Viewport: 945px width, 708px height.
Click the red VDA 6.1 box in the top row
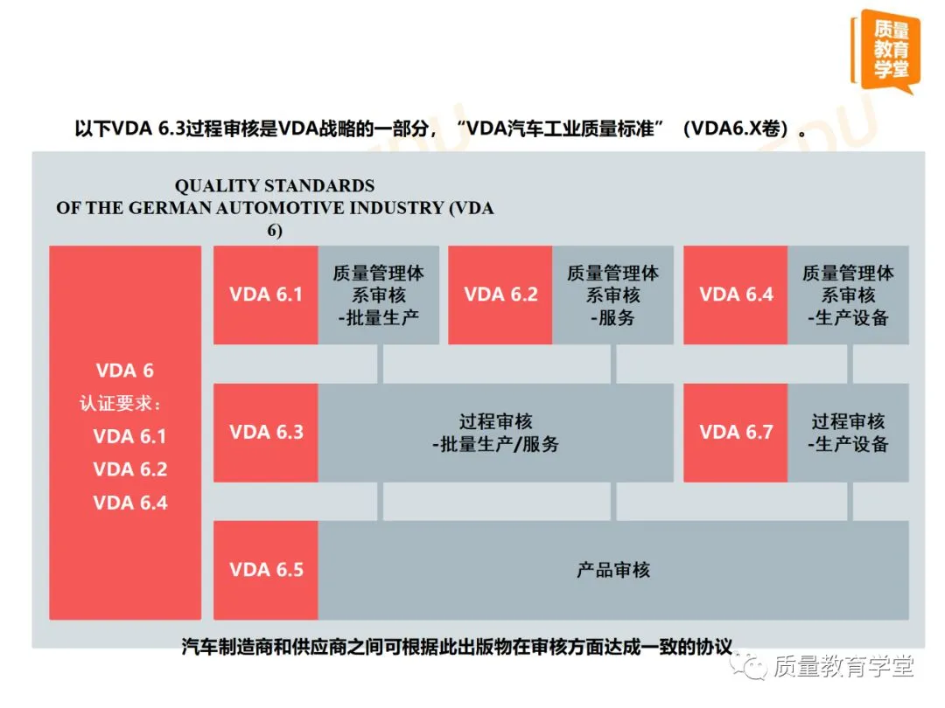tap(266, 295)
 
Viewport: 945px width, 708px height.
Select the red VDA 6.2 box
tap(500, 295)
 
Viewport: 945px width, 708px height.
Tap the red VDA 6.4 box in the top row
tap(736, 295)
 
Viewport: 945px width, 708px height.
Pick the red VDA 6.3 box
tap(266, 432)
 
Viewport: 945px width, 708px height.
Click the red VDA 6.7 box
tap(736, 432)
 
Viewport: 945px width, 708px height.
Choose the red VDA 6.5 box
tap(266, 570)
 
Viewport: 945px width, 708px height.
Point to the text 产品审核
tap(613, 570)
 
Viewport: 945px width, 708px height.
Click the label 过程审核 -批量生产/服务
tap(495, 433)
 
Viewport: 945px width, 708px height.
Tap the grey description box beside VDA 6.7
tap(848, 433)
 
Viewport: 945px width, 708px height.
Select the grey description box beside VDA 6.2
tap(612, 295)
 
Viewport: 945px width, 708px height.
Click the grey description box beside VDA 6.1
tap(378, 295)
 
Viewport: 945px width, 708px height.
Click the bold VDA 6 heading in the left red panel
tap(124, 371)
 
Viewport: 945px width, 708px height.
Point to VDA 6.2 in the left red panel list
tap(129, 469)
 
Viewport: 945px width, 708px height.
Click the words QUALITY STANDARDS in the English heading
tap(274, 186)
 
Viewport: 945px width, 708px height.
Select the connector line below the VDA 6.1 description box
tap(380, 364)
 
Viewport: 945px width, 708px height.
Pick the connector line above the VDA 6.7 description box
tap(849, 364)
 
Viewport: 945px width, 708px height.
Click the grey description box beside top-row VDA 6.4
tap(848, 295)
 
